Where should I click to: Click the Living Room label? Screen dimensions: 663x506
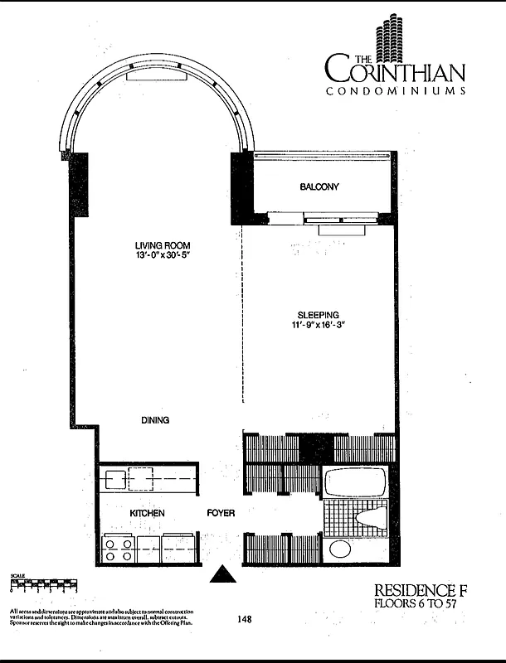point(163,245)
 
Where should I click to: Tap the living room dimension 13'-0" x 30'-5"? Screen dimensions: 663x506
point(163,256)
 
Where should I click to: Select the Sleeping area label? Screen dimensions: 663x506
point(319,315)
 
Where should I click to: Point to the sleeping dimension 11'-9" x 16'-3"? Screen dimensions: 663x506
point(319,326)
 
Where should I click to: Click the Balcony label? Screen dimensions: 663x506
point(319,187)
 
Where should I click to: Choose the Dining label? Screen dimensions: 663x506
point(154,420)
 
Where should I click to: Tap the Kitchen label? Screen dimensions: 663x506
point(147,514)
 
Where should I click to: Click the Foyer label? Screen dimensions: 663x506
point(220,514)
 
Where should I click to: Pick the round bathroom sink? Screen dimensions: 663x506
point(340,549)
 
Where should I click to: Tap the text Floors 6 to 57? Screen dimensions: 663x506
point(416,603)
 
